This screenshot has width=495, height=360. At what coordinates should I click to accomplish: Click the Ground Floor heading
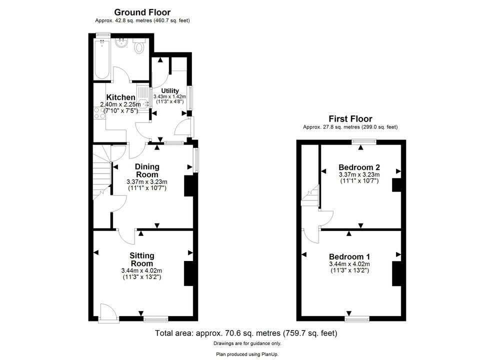click(142, 12)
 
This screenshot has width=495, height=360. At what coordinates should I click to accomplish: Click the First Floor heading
click(350, 118)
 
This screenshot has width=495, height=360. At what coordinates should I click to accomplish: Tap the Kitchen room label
click(120, 97)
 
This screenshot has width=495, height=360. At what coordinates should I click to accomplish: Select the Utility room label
click(170, 90)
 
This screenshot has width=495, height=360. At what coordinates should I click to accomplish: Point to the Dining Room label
click(147, 170)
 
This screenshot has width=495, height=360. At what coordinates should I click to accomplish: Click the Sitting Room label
click(141, 259)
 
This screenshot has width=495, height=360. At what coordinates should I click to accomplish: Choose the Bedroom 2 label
click(359, 167)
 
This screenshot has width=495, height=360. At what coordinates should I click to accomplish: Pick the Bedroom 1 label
click(349, 256)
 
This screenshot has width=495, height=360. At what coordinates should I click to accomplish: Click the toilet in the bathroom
click(139, 46)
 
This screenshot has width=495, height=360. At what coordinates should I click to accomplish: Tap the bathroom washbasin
click(121, 43)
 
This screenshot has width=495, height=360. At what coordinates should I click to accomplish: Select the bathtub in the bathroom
click(102, 59)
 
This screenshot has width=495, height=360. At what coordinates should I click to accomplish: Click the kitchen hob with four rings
click(100, 113)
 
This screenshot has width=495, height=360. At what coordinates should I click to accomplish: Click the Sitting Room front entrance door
click(108, 313)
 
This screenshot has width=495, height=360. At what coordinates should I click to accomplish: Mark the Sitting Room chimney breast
click(188, 273)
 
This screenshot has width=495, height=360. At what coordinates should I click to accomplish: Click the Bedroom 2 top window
click(364, 142)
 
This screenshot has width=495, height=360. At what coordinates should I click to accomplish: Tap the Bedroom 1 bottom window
click(356, 319)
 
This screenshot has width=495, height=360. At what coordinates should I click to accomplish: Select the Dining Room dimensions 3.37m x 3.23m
click(147, 182)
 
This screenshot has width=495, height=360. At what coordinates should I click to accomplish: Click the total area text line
click(246, 333)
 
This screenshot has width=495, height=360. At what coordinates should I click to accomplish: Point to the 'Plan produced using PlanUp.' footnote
click(247, 354)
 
